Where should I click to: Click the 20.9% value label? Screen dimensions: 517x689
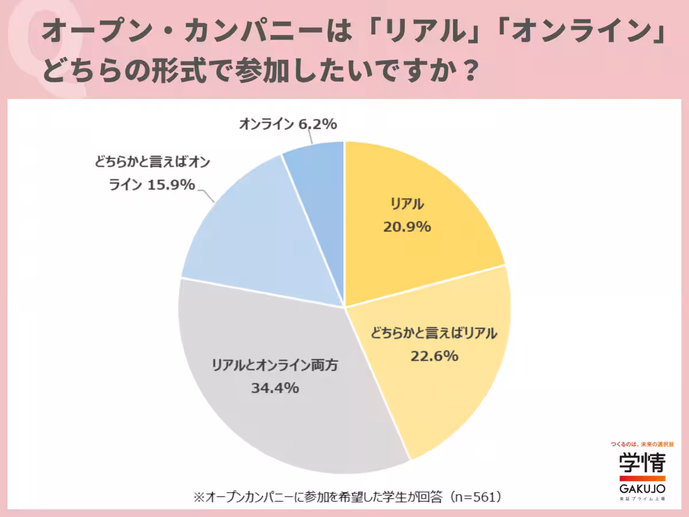(407, 227)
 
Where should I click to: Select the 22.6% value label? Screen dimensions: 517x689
(434, 356)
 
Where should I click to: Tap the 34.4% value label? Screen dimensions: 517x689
(274, 388)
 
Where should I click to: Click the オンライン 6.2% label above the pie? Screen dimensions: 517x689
(287, 124)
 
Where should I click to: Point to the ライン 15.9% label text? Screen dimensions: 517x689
(152, 185)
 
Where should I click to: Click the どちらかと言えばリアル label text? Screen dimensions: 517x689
(434, 334)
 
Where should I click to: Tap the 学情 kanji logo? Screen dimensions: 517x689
(642, 463)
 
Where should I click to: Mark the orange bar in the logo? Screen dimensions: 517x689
(642, 478)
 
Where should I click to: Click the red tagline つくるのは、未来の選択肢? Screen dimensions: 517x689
(642, 444)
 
